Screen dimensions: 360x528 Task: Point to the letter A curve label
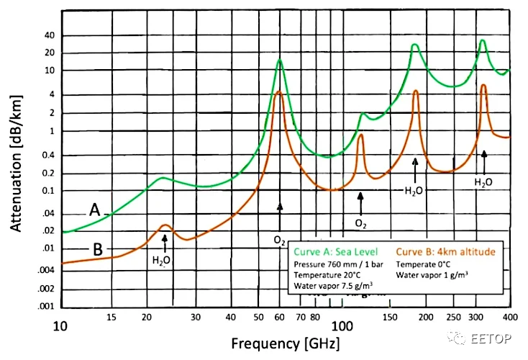(94, 210)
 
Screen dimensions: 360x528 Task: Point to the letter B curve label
(97, 250)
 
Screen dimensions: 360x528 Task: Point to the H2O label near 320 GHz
(483, 183)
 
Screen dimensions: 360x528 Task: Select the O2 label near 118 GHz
(361, 223)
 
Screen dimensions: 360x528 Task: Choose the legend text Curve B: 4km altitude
(439, 253)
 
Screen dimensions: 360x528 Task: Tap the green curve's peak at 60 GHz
(280, 60)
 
